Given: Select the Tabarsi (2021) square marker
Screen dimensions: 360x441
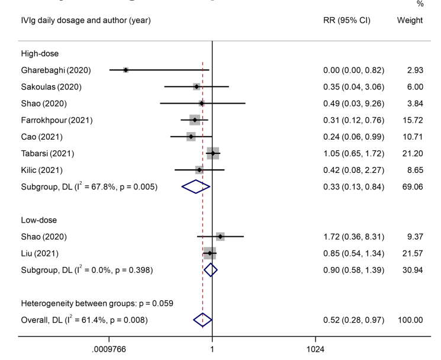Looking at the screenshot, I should point(213,153).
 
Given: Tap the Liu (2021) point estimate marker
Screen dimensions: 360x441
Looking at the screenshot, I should point(210,253).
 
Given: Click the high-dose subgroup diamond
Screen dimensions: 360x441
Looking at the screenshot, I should point(196,187).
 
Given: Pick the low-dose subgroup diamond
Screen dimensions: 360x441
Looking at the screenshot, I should point(211,270).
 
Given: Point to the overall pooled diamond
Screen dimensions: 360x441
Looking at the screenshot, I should point(202,320).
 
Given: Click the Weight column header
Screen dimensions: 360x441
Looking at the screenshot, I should point(410,21).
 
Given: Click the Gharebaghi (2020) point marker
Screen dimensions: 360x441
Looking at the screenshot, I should point(125,70).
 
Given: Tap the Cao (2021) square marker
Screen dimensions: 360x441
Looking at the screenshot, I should point(191,137).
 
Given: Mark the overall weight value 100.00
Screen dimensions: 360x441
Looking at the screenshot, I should point(410,320).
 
